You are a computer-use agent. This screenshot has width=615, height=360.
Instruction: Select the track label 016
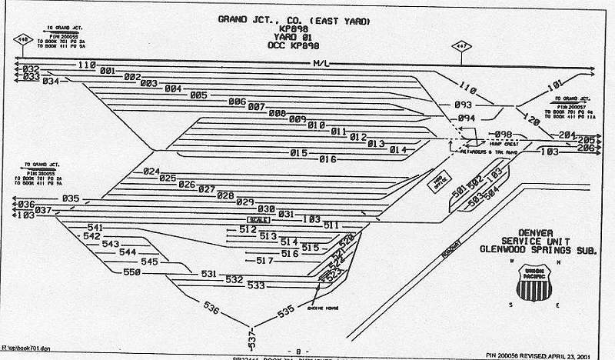[x=328, y=159]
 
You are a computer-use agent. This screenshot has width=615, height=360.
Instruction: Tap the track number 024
[x=151, y=172]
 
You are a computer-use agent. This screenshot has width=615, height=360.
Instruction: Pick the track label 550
[x=132, y=272]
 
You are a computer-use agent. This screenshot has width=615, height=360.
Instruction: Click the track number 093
[x=463, y=105]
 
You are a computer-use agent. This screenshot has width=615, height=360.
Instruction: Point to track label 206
[x=586, y=147]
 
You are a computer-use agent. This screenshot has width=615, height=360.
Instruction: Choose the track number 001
[x=108, y=72]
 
